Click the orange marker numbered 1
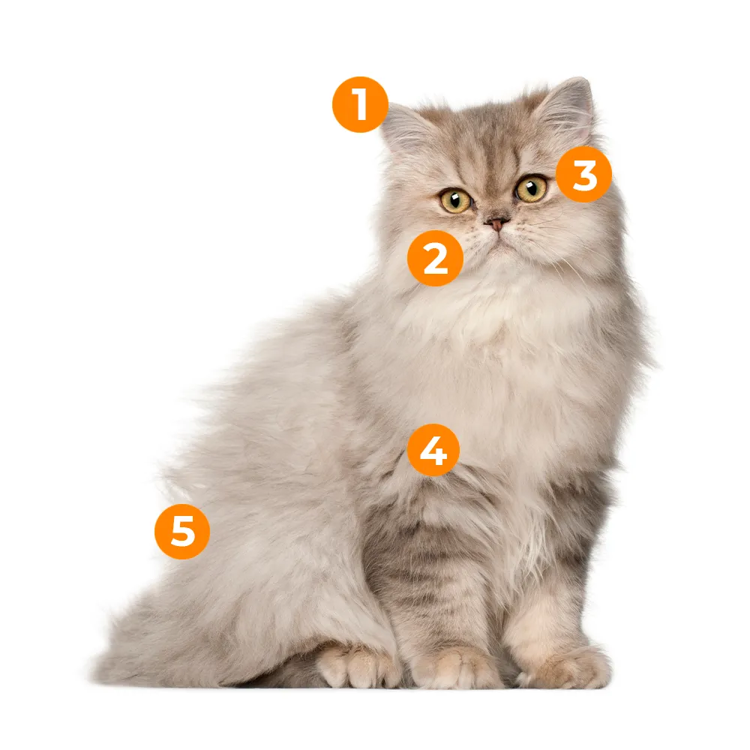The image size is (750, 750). [360, 104]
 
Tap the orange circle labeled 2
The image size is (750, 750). [435, 258]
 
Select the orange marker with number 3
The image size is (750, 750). [583, 174]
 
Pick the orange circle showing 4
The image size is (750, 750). [433, 449]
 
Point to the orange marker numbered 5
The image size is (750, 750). [182, 532]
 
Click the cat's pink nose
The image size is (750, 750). [496, 223]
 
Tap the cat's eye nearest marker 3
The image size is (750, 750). [531, 188]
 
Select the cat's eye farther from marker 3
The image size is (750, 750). [456, 200]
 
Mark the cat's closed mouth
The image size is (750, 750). [499, 241]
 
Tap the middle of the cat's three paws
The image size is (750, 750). [454, 667]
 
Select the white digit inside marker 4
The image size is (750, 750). [433, 451]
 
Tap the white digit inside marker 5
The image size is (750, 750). [183, 532]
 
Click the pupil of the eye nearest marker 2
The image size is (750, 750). [454, 198]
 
